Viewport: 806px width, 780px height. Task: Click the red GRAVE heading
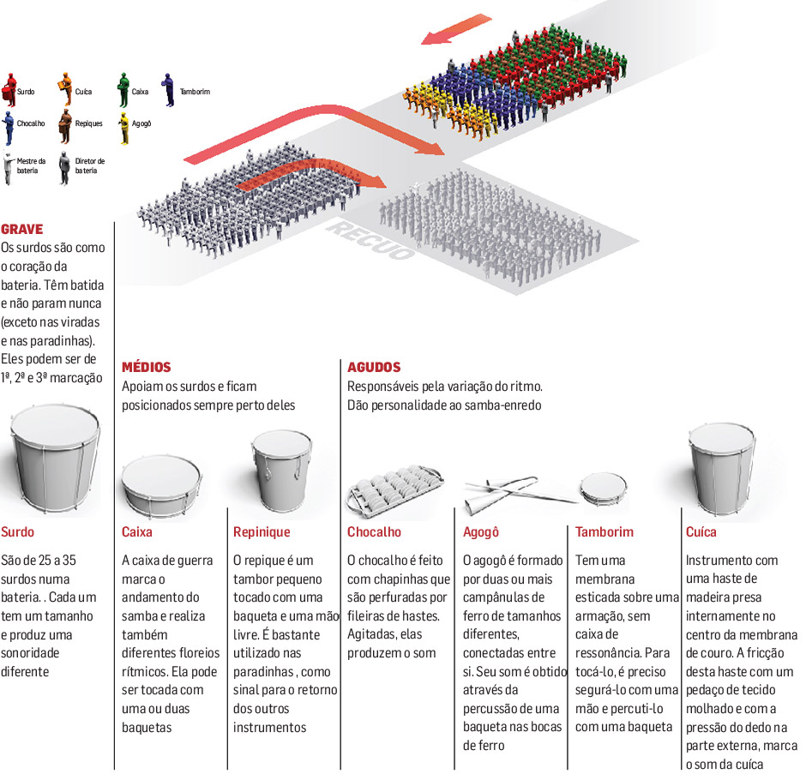[x=21, y=230]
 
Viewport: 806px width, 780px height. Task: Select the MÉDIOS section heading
[x=146, y=367]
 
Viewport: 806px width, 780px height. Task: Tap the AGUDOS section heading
[x=374, y=367]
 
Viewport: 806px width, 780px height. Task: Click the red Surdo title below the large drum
[x=18, y=531]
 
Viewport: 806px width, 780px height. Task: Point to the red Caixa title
[x=137, y=531]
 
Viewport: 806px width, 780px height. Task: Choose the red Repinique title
[x=262, y=531]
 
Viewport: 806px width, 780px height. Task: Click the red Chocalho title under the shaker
[x=374, y=531]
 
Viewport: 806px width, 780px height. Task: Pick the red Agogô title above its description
[x=480, y=531]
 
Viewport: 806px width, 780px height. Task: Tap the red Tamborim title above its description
[x=604, y=531]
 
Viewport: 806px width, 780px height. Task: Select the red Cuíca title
[x=701, y=531]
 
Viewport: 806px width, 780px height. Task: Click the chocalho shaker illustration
[x=394, y=489]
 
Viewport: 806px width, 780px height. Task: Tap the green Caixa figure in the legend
[x=123, y=88]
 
